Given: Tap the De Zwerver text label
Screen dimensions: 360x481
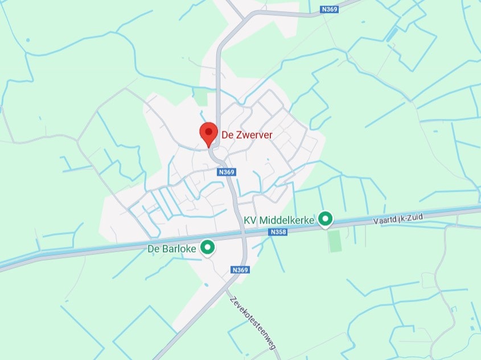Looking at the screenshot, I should coord(246,135).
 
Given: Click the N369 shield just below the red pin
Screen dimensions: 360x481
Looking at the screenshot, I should coord(227,171).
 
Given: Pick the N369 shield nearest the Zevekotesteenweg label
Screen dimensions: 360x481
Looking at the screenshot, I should coord(240,270).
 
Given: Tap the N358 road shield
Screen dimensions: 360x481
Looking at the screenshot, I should coord(278,232).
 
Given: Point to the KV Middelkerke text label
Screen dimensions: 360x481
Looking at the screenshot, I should coord(279,220).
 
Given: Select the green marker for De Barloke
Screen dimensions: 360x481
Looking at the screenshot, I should coord(208,247).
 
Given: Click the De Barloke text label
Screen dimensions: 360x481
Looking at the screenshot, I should coord(172,249).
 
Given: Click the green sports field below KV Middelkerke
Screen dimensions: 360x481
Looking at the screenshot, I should coord(335,241).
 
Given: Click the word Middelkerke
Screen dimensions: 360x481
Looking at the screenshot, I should coord(287,220).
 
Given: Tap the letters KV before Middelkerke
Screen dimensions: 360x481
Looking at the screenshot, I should coord(249,220).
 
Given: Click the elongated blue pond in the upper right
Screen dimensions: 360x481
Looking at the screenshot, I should coord(392,35).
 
